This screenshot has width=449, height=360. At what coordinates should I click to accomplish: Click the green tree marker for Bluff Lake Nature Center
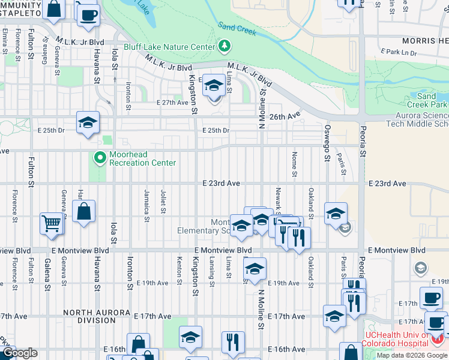224,46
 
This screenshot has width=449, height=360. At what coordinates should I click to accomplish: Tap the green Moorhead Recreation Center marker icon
100,158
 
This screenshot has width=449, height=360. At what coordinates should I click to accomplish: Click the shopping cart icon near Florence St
52,223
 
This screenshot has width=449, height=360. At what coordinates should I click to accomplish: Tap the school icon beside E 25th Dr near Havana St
88,123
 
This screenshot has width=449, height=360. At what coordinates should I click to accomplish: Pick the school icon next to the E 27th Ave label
213,85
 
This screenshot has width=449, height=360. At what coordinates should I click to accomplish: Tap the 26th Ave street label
285,116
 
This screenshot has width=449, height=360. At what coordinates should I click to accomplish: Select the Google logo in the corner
20,353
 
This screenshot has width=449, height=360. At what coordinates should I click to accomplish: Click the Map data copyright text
412,355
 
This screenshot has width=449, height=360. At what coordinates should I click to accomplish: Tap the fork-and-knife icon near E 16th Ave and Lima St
232,342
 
